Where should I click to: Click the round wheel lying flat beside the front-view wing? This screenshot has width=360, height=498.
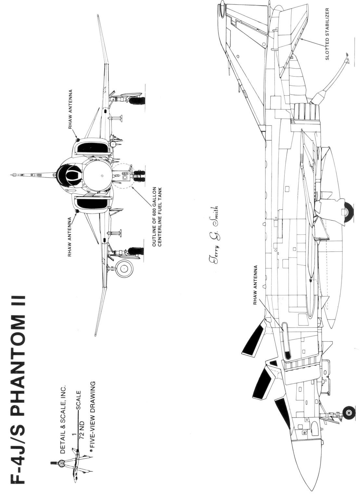tap(125, 268)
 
